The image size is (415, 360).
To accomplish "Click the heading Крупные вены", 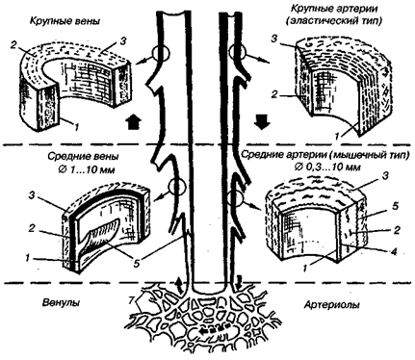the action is click(x=65, y=22).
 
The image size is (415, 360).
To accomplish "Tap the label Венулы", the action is click(x=61, y=303).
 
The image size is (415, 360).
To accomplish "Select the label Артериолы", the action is click(x=332, y=304).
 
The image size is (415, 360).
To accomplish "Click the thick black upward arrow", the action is click(x=133, y=122).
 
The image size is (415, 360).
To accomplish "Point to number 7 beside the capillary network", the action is click(x=131, y=301).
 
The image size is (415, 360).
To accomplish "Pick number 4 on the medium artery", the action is click(x=394, y=252).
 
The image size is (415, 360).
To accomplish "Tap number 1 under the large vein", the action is click(x=76, y=127).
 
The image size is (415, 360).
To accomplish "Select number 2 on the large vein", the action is click(x=13, y=45).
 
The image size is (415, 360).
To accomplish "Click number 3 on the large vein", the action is click(x=123, y=41).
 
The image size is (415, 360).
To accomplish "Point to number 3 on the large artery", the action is click(x=273, y=39).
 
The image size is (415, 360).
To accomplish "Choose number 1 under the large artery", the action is click(x=337, y=137).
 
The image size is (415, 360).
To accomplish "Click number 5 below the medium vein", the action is click(x=137, y=263).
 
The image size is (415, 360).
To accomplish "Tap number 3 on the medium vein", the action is click(x=32, y=195).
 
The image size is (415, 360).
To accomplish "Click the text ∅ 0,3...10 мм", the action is click(x=326, y=167).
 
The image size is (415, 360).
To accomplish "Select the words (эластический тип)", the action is click(x=333, y=21).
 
